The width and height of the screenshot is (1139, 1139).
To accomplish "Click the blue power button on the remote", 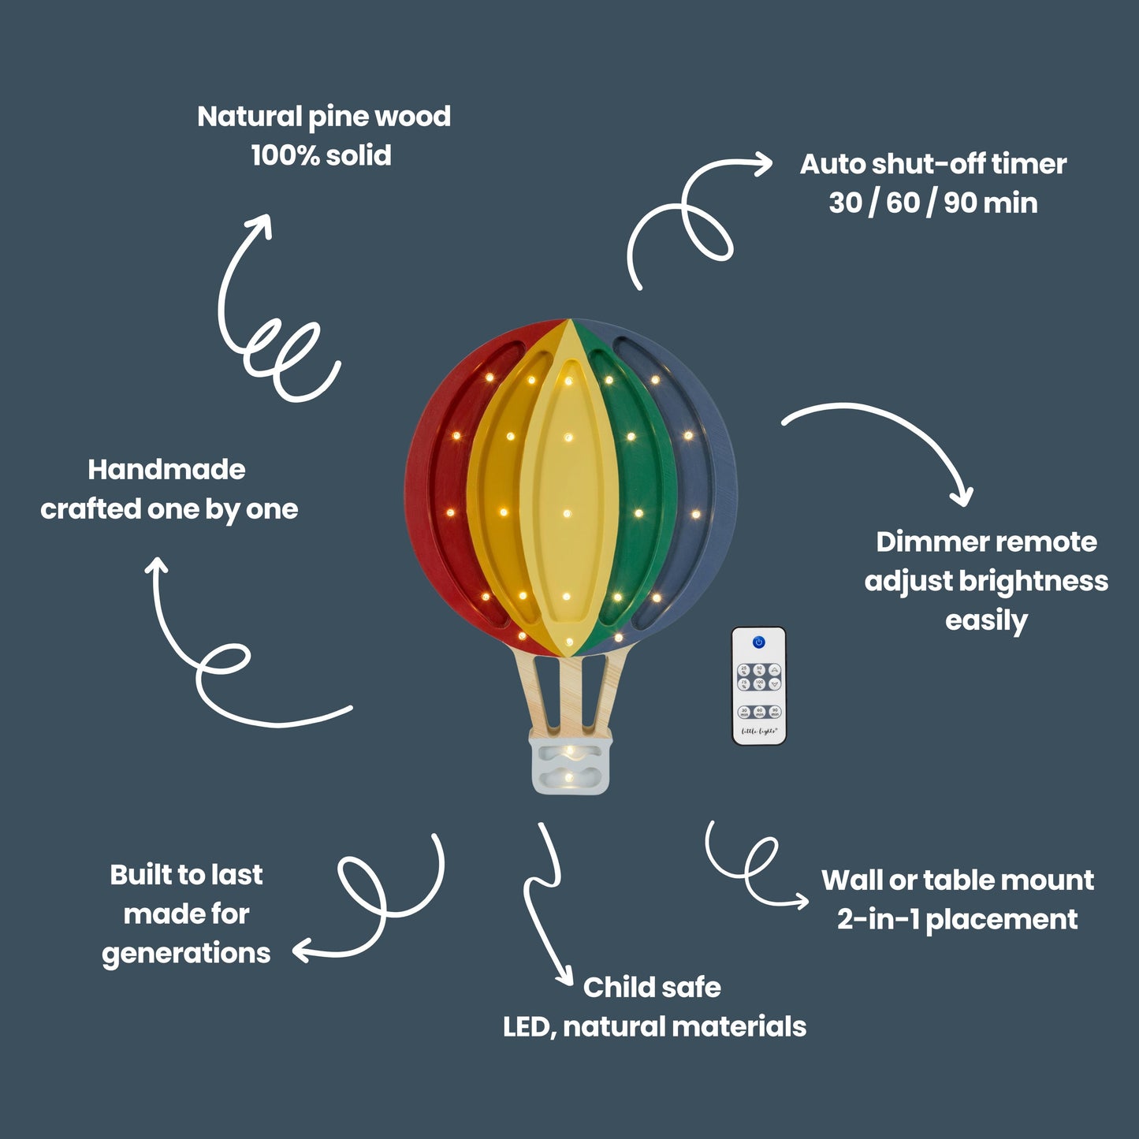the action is tap(759, 642).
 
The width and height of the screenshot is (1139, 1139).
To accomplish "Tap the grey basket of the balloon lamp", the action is tap(571, 763).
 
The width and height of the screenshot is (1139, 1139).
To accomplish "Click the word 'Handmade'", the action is tap(166, 470).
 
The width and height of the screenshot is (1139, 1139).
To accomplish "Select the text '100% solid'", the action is tap(321, 155).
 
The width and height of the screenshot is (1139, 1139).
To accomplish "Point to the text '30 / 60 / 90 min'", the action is tap(932, 203).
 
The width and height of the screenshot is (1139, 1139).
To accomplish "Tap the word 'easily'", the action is tap(986, 620).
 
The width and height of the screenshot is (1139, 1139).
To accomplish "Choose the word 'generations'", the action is tap(185, 954).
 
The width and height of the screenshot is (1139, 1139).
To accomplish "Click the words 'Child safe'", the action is tap(652, 987).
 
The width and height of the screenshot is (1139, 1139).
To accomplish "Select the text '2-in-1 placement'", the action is tap(957, 919).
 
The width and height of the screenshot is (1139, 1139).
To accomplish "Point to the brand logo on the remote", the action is tap(759, 731).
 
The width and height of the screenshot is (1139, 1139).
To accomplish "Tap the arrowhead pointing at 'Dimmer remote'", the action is tap(962, 497).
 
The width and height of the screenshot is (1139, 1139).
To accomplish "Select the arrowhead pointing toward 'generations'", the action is tap(300, 951).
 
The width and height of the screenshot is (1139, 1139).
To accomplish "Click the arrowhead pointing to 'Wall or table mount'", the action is tap(802, 902).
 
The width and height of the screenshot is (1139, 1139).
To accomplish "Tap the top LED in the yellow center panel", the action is tap(568, 382).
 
